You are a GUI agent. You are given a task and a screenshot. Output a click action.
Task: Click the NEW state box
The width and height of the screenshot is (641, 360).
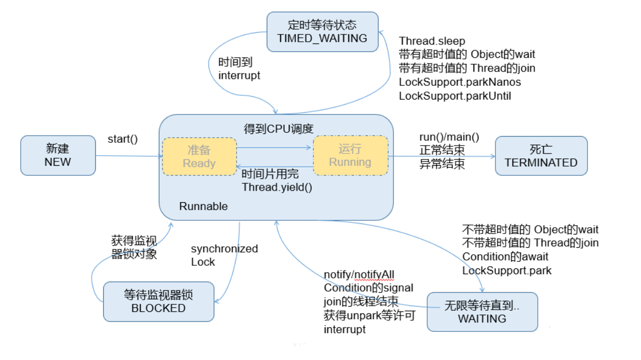click(x=58, y=155)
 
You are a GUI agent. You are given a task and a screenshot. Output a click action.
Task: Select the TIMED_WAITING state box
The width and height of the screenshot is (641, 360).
click(x=322, y=31)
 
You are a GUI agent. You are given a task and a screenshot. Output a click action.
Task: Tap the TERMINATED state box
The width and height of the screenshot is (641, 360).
click(x=541, y=156)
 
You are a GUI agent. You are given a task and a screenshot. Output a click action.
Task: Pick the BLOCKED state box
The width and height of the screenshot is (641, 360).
click(x=158, y=301)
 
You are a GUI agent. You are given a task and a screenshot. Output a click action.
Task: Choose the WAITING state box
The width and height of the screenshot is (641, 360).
click(x=482, y=312)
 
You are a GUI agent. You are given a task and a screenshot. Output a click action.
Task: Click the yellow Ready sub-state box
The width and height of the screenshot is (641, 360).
click(x=199, y=157)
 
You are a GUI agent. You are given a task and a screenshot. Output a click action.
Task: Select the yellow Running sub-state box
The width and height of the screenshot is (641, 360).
click(x=350, y=156)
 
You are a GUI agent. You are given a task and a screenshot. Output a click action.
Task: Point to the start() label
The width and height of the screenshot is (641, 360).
click(x=122, y=139)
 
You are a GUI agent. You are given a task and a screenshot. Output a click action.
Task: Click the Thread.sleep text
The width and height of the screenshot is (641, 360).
click(x=432, y=41)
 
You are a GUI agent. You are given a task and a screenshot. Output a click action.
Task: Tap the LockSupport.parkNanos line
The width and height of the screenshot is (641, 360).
click(x=459, y=82)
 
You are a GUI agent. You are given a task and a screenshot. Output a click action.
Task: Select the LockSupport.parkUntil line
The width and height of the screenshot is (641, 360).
click(x=455, y=96)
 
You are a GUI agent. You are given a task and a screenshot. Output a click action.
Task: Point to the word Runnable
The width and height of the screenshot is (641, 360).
click(x=203, y=206)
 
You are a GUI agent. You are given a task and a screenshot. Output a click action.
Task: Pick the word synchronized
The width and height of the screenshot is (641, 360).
click(x=224, y=249)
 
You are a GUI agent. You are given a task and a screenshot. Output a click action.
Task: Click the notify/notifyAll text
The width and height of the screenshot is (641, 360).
click(x=359, y=274)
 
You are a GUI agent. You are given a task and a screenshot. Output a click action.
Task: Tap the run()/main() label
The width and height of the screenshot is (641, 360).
click(x=449, y=138)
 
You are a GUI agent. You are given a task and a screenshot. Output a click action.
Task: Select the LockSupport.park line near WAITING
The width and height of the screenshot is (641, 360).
click(x=507, y=271)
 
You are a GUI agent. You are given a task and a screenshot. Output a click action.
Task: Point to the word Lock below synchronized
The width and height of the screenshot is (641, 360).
click(x=203, y=262)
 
